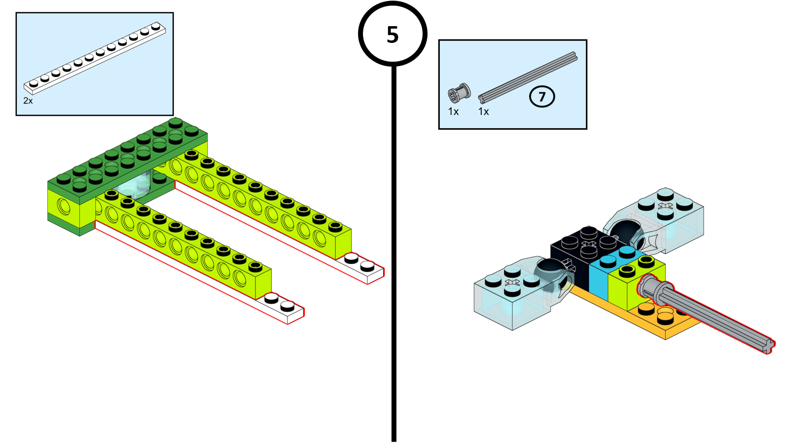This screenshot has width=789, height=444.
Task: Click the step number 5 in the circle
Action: pos(393,35)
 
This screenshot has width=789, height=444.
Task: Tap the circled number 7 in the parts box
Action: pos(542,97)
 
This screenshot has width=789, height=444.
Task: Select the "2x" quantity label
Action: pos(28,101)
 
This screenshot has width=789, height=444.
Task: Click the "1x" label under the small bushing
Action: pos(453,112)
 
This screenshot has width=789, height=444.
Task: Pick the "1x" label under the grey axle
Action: pos(483,112)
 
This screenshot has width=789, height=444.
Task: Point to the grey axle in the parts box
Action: pos(528,77)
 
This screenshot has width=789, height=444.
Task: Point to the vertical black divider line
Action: pos(394,247)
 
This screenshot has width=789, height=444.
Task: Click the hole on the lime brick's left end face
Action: pos(64,206)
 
